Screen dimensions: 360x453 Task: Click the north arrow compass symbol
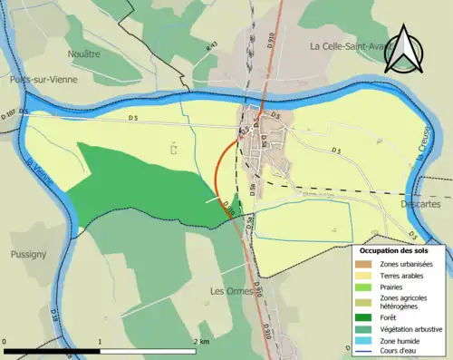tap(403, 50)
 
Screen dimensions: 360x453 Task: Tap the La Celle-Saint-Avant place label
tap(349, 46)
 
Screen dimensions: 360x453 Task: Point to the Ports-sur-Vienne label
tap(34, 80)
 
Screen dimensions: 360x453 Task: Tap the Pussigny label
tap(27, 255)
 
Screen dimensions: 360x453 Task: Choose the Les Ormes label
tap(229, 291)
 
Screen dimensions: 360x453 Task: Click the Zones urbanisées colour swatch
tap(366, 264)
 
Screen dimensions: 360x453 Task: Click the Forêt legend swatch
tap(366, 317)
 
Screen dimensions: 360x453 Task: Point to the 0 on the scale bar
tap(5, 341)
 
